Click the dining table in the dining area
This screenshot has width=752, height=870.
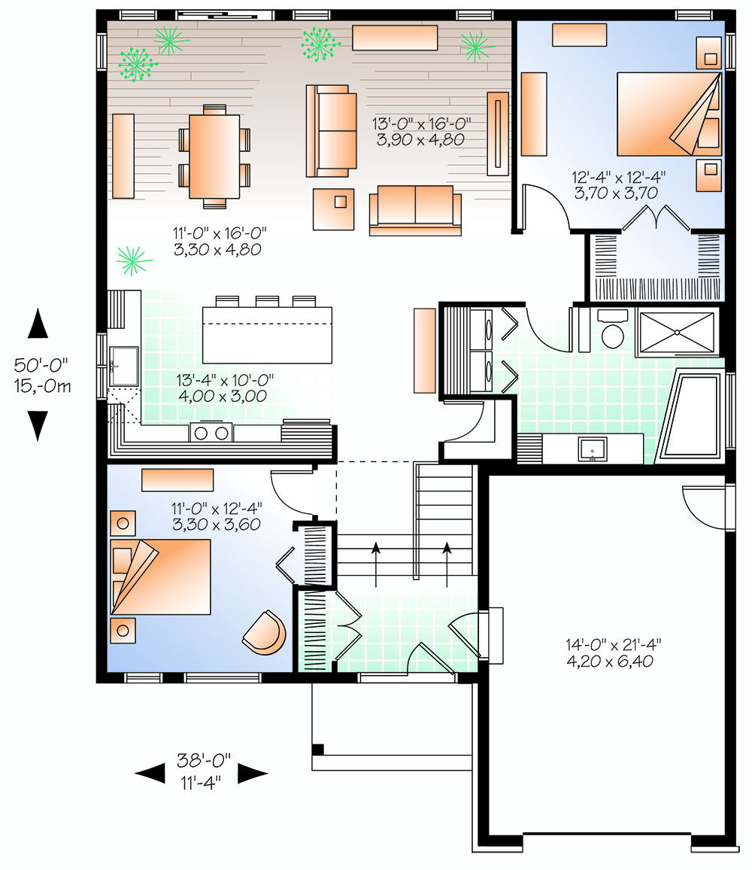point(214,156)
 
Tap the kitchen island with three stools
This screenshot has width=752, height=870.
point(267,335)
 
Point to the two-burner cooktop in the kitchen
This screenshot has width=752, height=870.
point(211,432)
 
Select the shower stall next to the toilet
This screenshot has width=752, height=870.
point(678,331)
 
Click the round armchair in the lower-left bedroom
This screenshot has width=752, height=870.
point(265,632)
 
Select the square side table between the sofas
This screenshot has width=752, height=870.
point(334,208)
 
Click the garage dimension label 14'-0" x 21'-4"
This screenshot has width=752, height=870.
point(613,652)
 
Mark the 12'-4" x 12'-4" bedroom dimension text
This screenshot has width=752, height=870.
point(619,184)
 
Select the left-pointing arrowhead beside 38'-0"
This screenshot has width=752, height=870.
point(150,772)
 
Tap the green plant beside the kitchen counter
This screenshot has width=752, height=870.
point(134,260)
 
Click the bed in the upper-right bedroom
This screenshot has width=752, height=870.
point(666,113)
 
